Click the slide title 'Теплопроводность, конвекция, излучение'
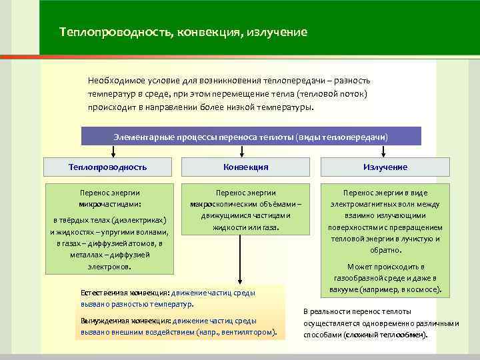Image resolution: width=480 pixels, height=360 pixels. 183,32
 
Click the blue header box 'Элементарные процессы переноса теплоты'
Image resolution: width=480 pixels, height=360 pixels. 251,136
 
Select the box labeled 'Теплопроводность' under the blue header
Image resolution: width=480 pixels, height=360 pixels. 107,167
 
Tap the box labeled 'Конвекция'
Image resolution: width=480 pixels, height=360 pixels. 246,167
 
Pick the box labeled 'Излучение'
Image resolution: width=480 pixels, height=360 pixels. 385,167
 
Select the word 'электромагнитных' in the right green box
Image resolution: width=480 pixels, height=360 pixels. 365,203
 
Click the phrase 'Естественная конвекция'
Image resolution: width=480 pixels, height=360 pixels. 125,293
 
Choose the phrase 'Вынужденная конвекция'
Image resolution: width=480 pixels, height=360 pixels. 125,321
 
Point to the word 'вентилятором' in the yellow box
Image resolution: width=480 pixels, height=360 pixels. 249,331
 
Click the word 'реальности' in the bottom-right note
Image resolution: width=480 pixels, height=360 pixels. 336,311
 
